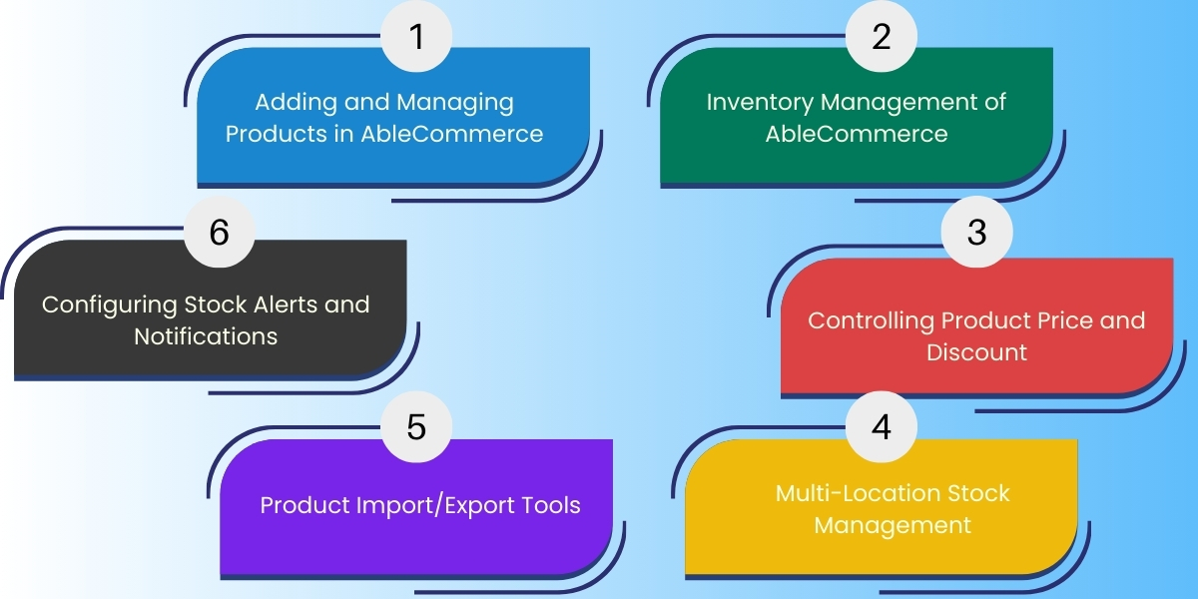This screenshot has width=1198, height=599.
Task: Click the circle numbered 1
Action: point(417,37)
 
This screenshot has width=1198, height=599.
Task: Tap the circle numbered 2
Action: point(881,37)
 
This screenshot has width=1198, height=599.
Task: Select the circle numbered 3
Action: point(976,232)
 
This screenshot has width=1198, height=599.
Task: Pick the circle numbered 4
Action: point(881,426)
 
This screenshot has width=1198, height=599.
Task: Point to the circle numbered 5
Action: point(417,426)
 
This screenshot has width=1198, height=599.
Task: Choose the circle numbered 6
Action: point(220,232)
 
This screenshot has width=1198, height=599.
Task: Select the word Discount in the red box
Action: point(976,352)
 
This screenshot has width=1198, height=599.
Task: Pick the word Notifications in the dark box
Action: point(206,335)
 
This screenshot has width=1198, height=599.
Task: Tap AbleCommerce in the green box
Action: point(857,133)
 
